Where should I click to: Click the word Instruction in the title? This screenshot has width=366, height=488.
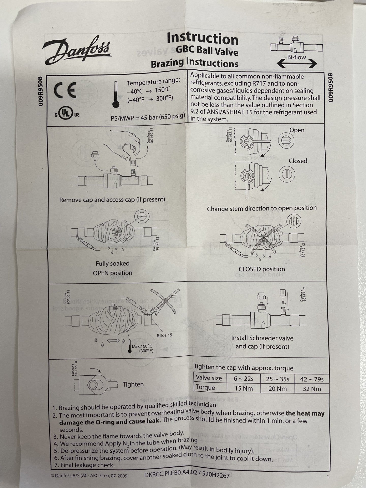(x=203, y=39)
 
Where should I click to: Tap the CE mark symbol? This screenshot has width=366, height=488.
(x=65, y=90)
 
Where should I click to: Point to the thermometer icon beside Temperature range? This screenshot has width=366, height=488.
(x=116, y=94)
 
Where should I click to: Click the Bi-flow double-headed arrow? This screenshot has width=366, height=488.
(x=297, y=64)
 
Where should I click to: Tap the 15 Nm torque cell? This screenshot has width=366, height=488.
(x=243, y=388)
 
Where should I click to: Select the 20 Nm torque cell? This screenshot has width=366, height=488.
(x=277, y=388)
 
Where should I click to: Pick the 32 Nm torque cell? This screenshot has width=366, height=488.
(x=312, y=388)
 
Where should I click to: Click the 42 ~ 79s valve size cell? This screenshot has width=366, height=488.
(x=312, y=379)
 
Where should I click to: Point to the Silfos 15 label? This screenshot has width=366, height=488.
(x=164, y=335)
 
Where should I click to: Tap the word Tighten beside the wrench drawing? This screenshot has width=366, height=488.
(x=133, y=384)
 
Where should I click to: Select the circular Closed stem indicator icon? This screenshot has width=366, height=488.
(x=287, y=174)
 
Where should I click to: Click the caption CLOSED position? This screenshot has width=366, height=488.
(x=262, y=269)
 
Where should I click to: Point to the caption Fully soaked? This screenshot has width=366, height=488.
(x=113, y=263)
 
